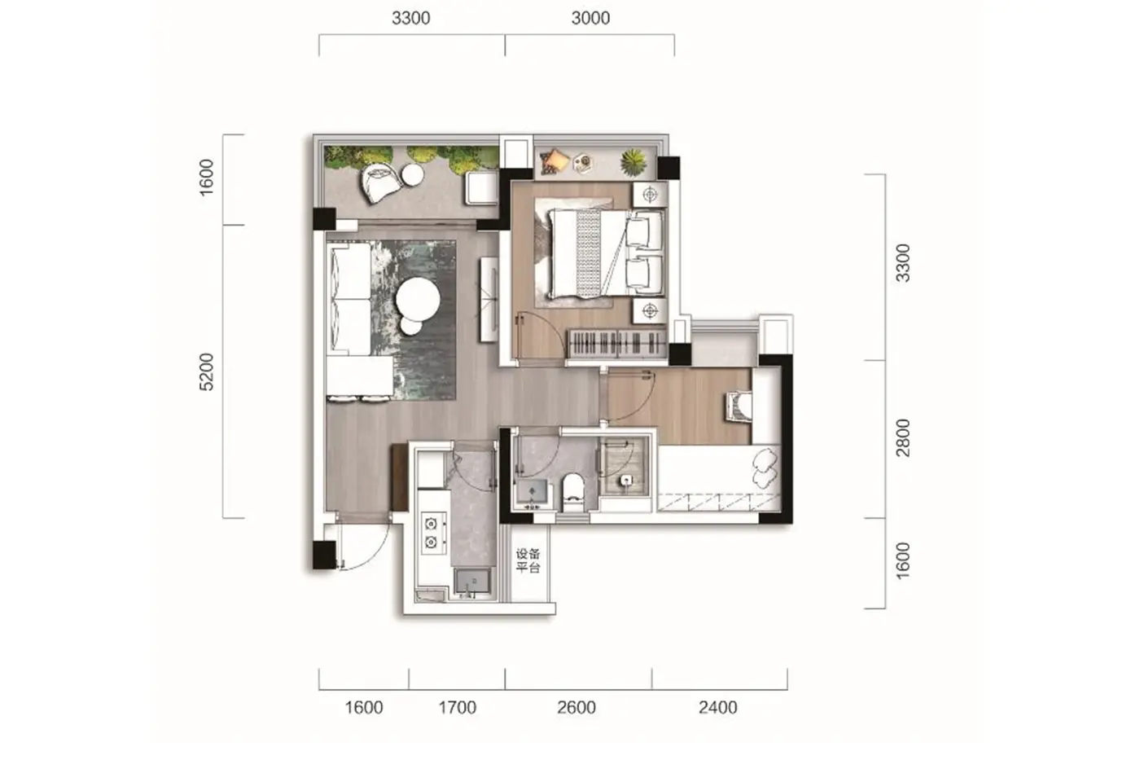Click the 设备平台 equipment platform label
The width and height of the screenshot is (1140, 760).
click(x=528, y=561)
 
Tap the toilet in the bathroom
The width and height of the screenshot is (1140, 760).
click(x=573, y=492)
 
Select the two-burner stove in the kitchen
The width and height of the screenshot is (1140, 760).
click(x=433, y=533)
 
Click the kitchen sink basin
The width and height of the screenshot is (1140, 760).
click(x=473, y=582)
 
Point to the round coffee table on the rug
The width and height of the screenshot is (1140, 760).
click(x=418, y=299)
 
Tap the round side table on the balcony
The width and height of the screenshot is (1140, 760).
click(x=412, y=175)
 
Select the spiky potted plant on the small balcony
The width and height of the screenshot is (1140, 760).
click(x=634, y=162)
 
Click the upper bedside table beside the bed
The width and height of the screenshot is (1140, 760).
click(x=650, y=195)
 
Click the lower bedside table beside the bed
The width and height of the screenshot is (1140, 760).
click(x=650, y=310)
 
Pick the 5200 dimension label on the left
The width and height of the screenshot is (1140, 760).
click(x=207, y=371)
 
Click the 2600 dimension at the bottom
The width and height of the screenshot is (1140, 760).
click(x=577, y=708)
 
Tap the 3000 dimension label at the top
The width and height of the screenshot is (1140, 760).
click(x=590, y=18)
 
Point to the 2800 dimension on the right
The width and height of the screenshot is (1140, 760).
click(x=903, y=438)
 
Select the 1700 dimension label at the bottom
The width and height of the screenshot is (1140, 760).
click(x=457, y=708)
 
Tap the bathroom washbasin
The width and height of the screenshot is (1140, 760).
click(x=533, y=493)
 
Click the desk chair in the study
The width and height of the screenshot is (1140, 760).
click(x=739, y=406)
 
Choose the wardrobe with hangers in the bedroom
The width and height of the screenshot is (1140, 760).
click(x=617, y=344)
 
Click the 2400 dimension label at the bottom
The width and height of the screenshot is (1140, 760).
click(x=717, y=708)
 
